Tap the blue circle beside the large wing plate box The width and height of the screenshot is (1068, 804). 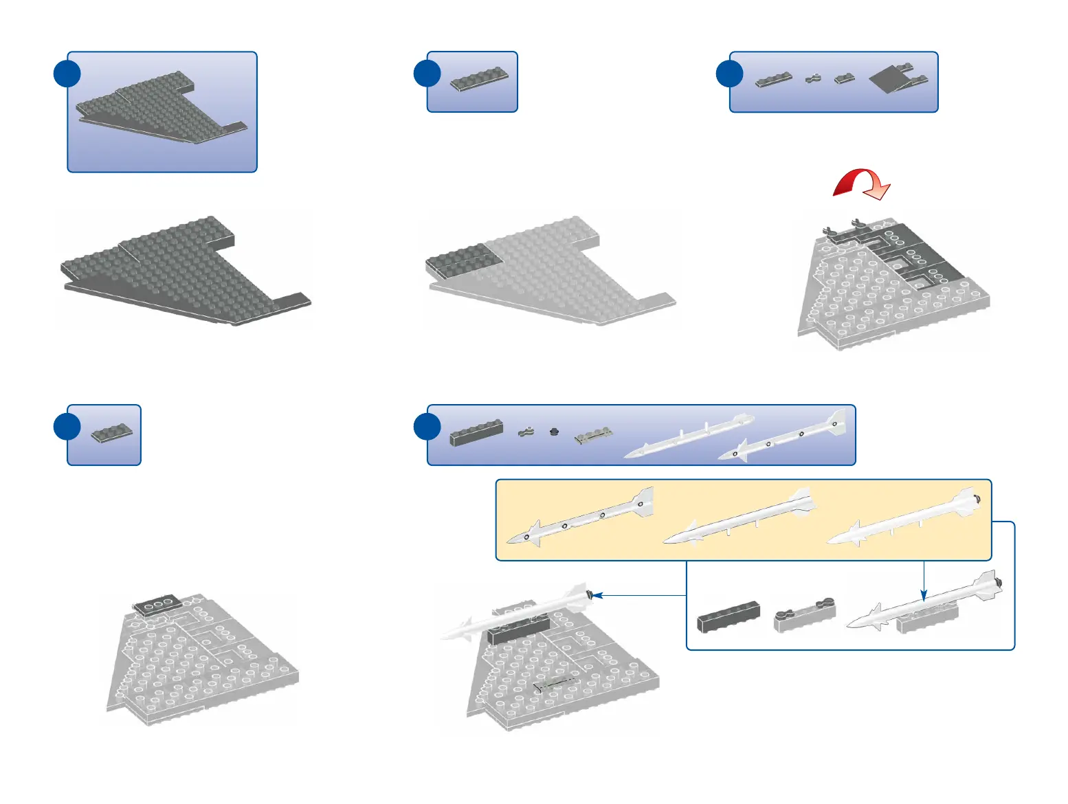(67, 74)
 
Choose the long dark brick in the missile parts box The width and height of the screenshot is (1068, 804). (476, 432)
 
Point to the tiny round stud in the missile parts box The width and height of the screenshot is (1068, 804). (555, 432)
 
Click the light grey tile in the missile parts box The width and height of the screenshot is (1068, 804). (593, 436)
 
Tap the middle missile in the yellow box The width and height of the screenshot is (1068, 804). (739, 517)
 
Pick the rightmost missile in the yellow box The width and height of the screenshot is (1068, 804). (903, 517)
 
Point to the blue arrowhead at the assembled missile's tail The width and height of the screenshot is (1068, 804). (597, 595)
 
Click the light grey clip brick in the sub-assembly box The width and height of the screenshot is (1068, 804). (804, 616)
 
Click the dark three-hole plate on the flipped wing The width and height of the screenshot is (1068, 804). (157, 605)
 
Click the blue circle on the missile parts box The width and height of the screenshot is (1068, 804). (427, 427)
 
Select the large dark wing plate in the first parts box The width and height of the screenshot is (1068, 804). (161, 109)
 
